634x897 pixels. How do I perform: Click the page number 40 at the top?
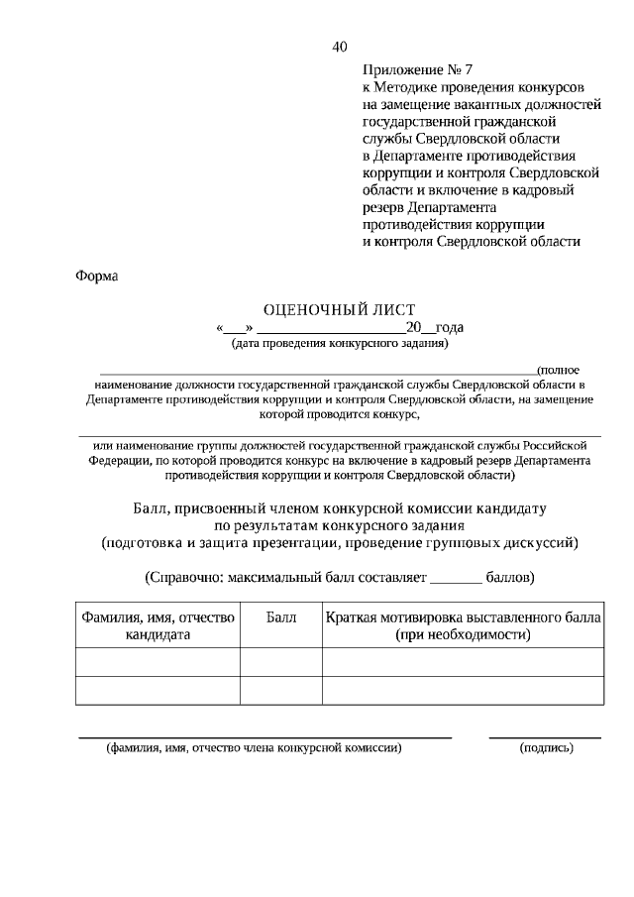(340, 47)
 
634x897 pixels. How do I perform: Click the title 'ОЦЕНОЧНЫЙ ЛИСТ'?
(339, 310)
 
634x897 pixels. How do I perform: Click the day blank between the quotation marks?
(235, 329)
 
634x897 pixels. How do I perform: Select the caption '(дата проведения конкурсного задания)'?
(339, 345)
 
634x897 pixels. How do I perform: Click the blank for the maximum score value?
(457, 577)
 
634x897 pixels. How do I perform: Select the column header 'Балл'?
(281, 617)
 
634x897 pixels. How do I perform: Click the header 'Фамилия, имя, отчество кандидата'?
(158, 626)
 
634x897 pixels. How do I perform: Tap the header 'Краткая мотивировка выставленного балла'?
(463, 617)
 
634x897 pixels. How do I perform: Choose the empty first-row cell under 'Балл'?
(281, 661)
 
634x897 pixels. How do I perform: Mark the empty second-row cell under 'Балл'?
(281, 690)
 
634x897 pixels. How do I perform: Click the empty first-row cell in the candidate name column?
(158, 661)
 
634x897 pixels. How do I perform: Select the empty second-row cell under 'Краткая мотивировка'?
(463, 690)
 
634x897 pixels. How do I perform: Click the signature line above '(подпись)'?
(546, 736)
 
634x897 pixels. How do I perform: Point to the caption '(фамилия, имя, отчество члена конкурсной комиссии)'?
(255, 749)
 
